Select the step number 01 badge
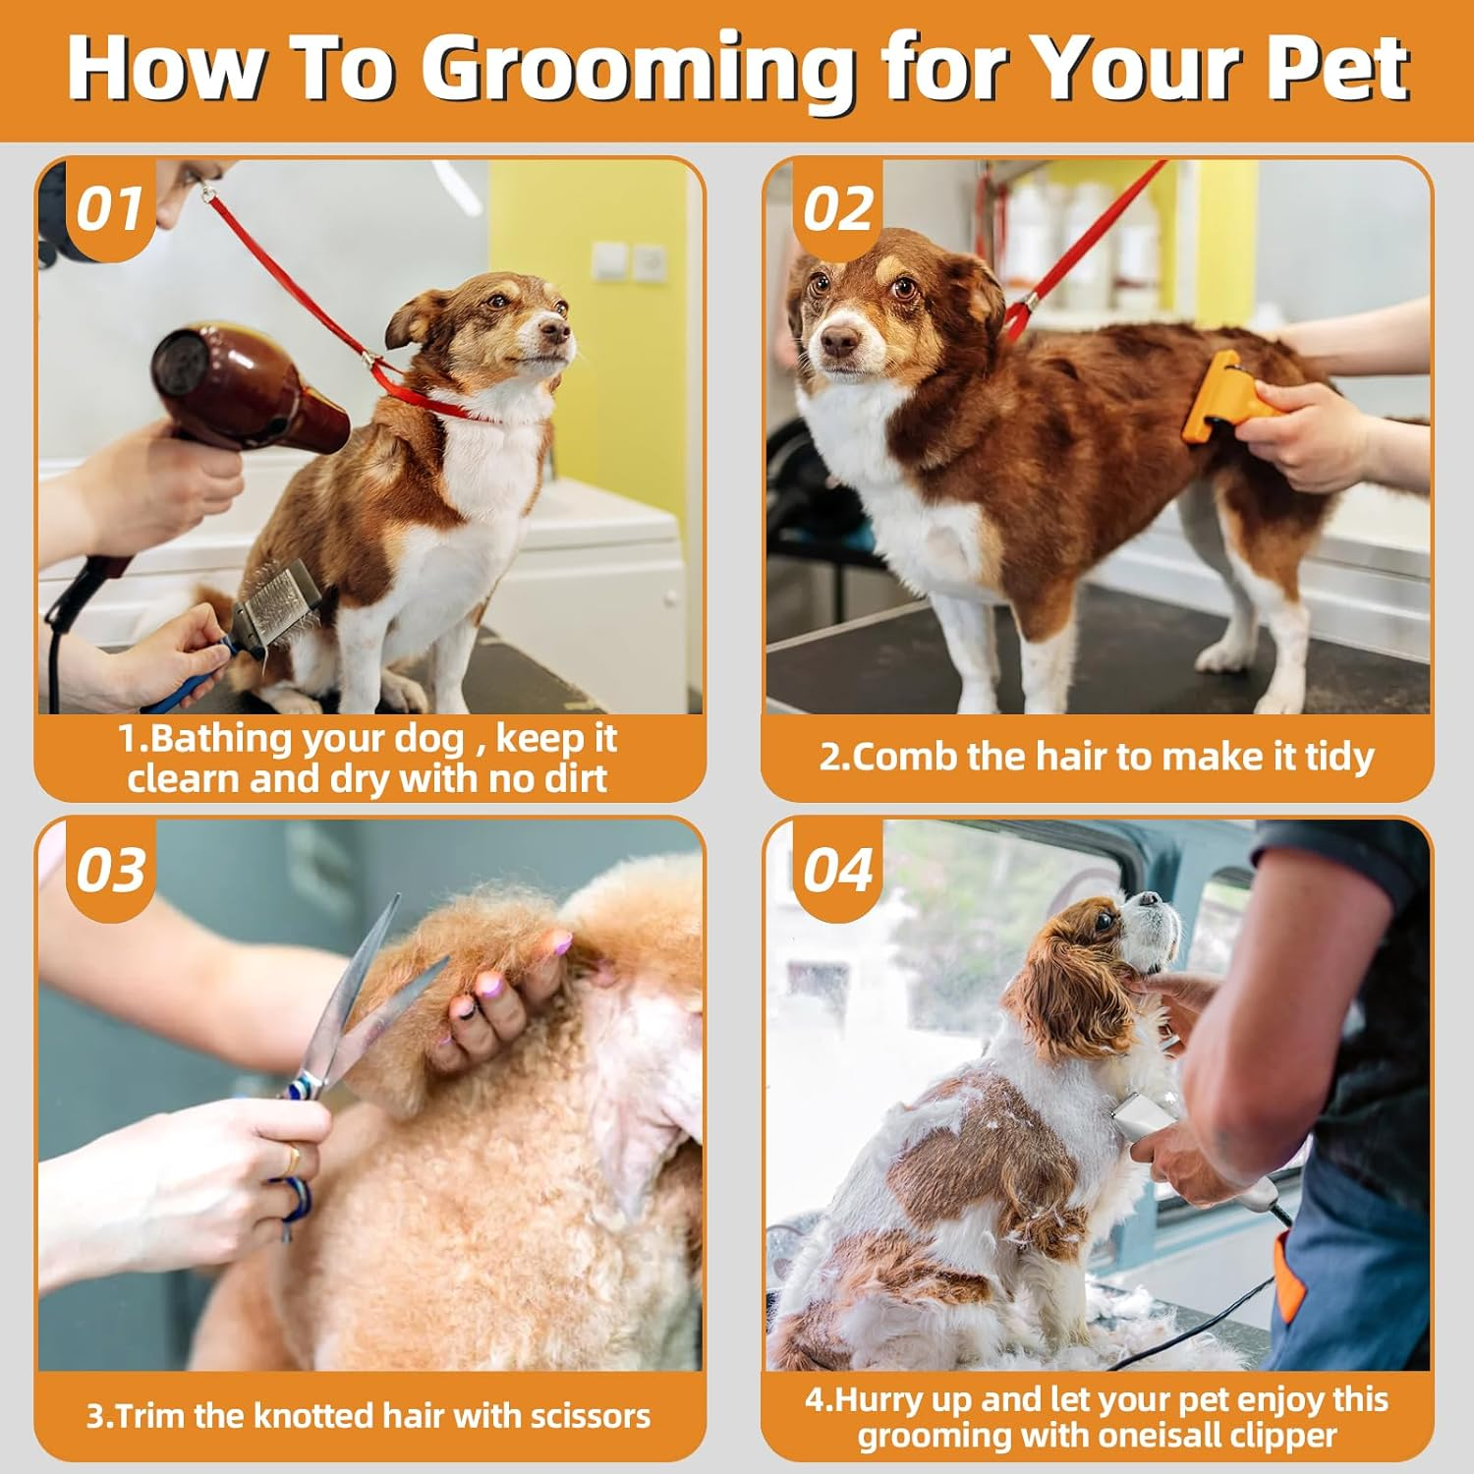[109, 209]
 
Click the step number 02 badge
[837, 209]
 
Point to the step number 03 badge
[110, 871]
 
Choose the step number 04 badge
[837, 871]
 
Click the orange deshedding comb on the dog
[1219, 398]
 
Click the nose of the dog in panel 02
[838, 342]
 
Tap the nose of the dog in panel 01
[558, 332]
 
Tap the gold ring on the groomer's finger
[292, 1161]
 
